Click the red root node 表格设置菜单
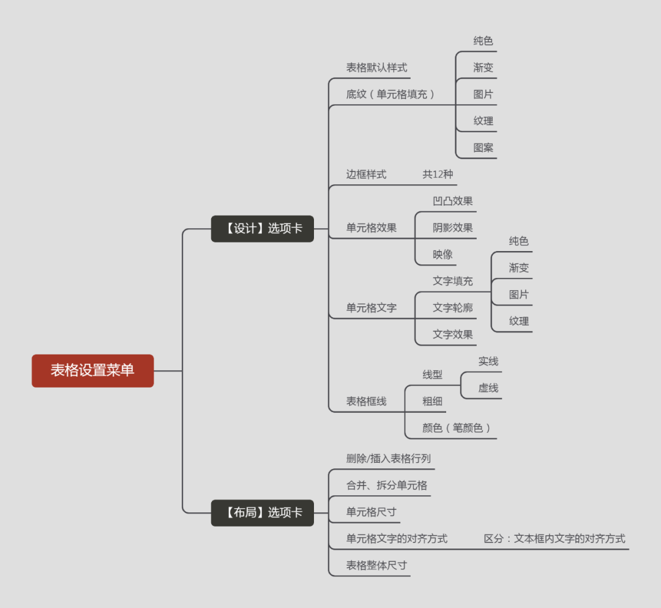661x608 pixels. (92, 370)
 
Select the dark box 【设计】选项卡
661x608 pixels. (262, 228)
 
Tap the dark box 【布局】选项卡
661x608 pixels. (262, 512)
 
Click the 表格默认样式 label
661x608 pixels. (376, 67)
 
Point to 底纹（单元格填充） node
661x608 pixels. (390, 94)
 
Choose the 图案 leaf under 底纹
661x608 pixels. (483, 148)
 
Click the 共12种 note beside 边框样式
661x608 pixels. (438, 174)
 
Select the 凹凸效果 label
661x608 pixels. (452, 201)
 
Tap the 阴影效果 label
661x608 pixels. (452, 228)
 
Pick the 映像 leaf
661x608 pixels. (443, 254)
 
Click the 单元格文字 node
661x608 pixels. (371, 307)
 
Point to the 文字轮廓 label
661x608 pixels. (452, 307)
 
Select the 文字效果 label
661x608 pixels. (452, 334)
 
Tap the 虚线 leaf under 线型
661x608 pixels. (488, 388)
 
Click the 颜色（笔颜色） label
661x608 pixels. (457, 428)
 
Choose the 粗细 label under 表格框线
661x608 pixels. (432, 401)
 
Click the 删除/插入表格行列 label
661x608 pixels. (388, 459)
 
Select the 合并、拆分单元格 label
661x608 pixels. (386, 486)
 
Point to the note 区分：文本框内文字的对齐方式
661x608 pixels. (555, 539)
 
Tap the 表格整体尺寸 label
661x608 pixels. (376, 565)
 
